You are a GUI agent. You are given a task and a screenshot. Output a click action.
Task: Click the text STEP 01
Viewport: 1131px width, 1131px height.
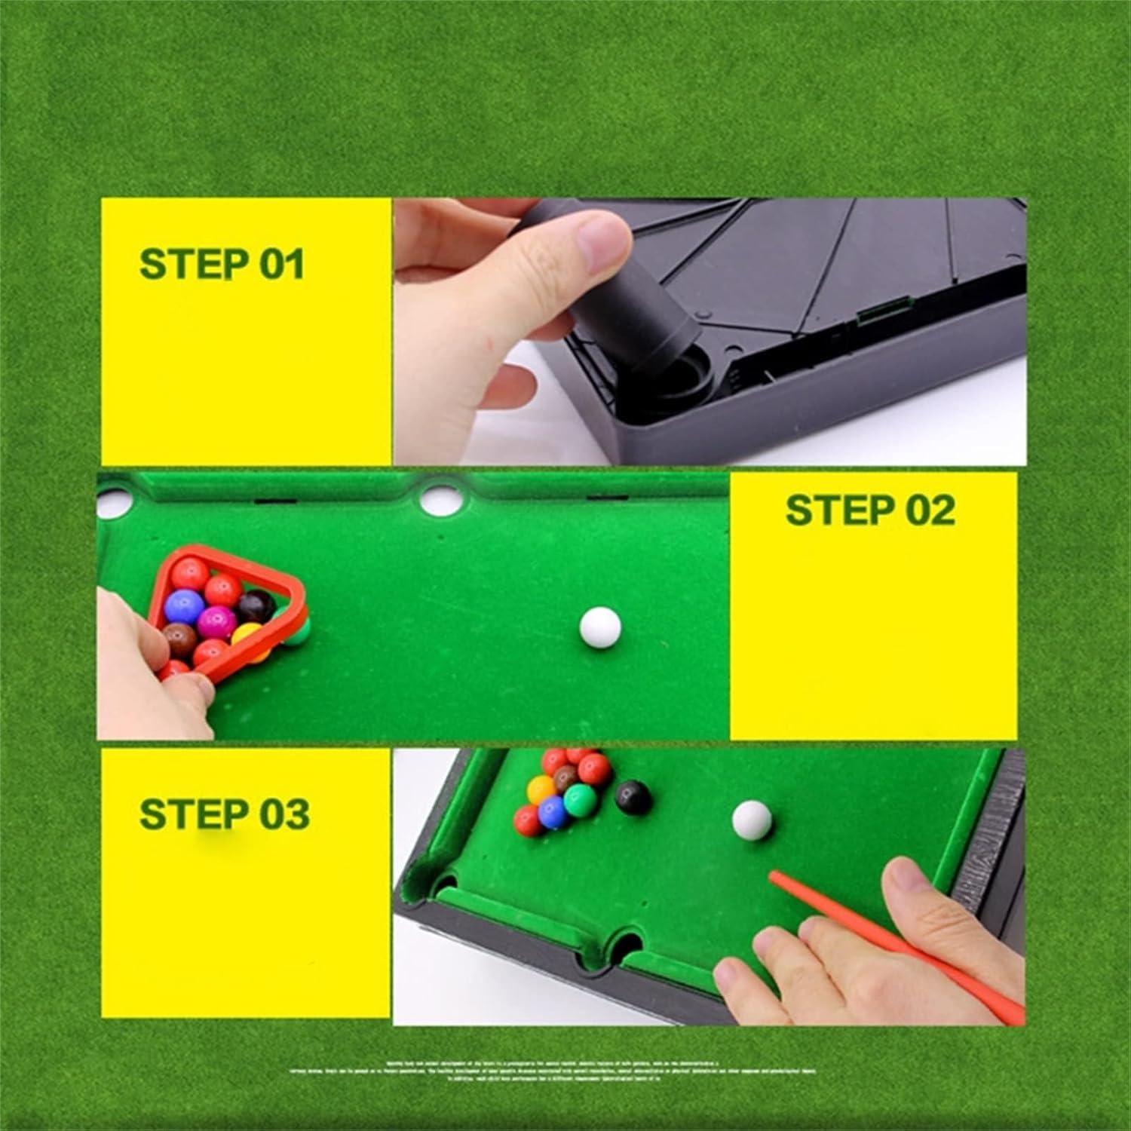(x=222, y=264)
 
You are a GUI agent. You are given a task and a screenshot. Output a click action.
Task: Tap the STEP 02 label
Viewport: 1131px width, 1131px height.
(x=870, y=510)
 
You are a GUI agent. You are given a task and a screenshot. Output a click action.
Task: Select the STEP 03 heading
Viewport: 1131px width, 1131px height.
(x=224, y=814)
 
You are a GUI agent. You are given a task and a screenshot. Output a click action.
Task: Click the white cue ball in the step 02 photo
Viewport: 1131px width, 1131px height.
(x=601, y=627)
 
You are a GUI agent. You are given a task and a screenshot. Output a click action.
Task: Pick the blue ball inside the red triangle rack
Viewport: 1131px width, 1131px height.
(x=184, y=605)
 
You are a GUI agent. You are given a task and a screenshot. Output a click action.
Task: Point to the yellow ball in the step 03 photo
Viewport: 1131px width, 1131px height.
(x=541, y=789)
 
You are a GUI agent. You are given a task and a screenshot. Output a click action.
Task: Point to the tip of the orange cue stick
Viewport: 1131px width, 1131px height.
(x=773, y=875)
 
